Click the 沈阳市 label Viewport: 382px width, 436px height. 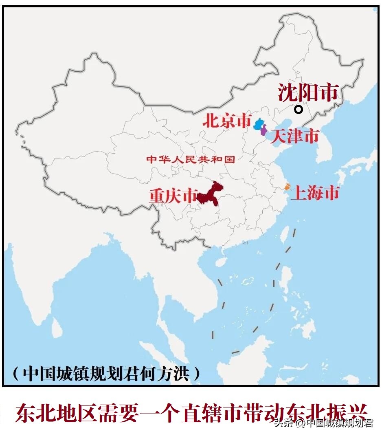[308, 93]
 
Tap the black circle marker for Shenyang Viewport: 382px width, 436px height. [299, 109]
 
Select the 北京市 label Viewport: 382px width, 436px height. [227, 121]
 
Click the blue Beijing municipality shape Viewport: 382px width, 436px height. [258, 124]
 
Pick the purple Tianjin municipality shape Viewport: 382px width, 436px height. [263, 131]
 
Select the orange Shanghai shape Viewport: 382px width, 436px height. [287, 187]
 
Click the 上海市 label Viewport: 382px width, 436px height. [315, 193]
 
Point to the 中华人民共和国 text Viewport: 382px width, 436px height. [191, 159]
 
